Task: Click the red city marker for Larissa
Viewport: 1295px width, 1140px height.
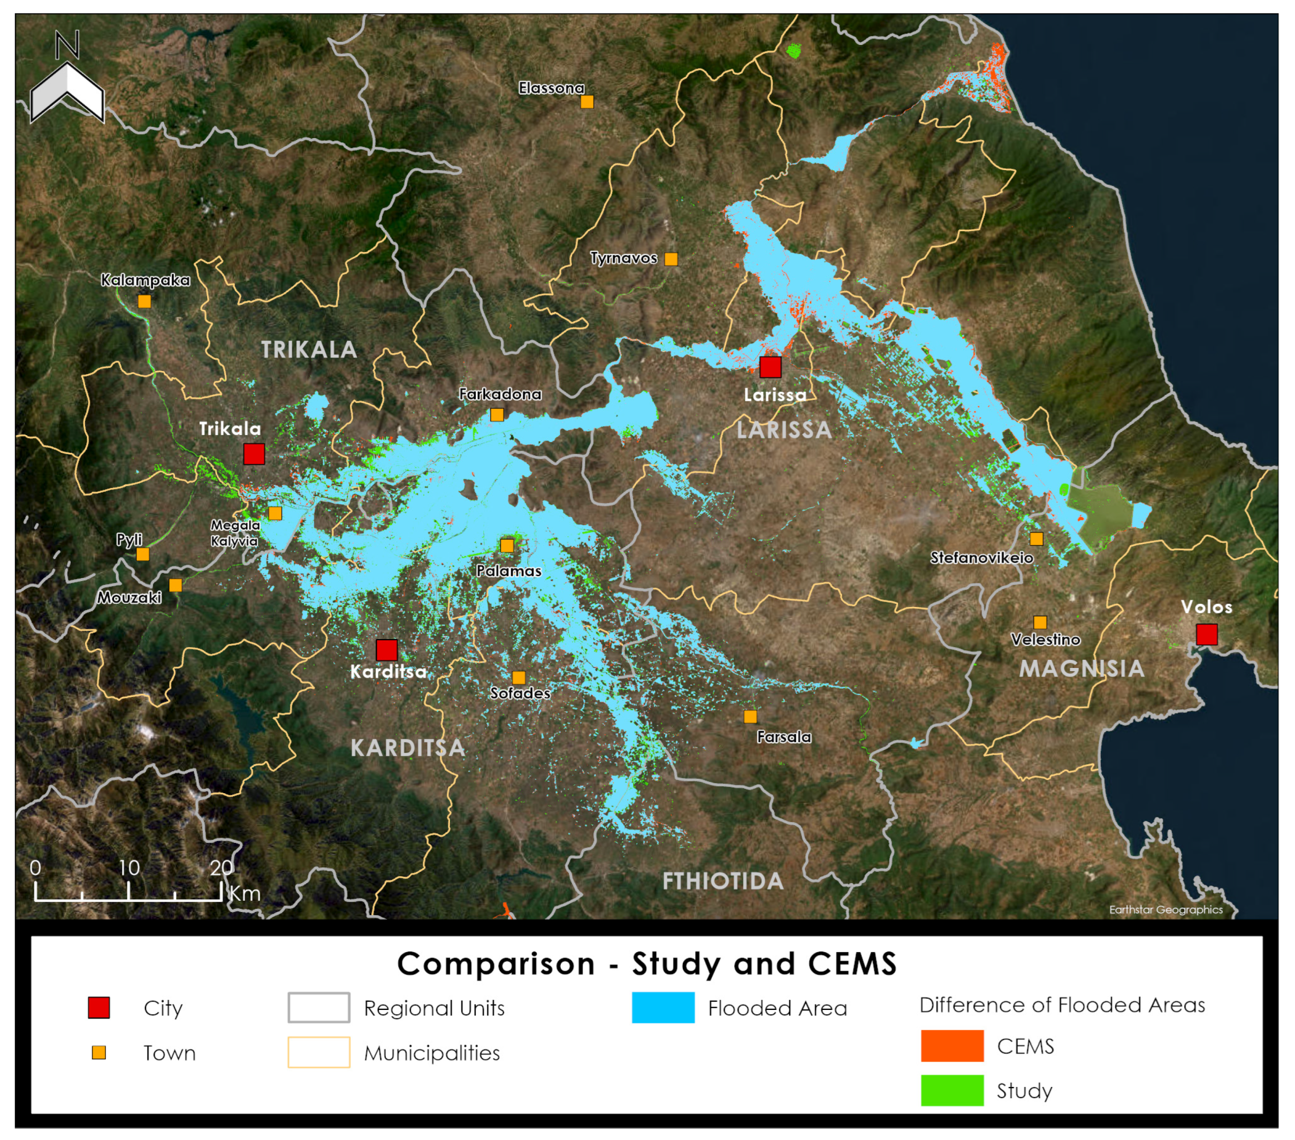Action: (x=771, y=367)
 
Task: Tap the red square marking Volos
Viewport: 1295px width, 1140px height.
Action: (x=1206, y=634)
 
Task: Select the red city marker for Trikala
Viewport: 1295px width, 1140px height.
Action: (x=254, y=454)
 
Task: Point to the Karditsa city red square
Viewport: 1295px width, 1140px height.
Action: (x=386, y=650)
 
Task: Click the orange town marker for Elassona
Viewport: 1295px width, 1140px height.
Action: (x=588, y=101)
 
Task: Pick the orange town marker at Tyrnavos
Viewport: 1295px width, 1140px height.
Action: (x=671, y=259)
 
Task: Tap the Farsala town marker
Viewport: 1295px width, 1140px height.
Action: (x=750, y=717)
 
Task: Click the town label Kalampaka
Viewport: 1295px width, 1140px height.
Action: (x=145, y=280)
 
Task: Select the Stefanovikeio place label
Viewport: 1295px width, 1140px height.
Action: (x=981, y=558)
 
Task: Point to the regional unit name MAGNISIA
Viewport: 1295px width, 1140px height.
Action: (x=1081, y=668)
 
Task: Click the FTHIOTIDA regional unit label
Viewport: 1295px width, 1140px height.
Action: (x=723, y=881)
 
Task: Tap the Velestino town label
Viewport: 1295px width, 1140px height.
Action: (x=1046, y=640)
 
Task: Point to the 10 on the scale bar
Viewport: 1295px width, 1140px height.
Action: (x=129, y=868)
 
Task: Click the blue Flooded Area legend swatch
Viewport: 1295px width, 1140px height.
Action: (x=662, y=1008)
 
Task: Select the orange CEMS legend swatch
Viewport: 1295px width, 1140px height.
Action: (x=951, y=1046)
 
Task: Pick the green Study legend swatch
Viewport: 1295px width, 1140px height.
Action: (x=951, y=1091)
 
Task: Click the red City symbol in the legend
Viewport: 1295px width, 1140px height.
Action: (x=99, y=1008)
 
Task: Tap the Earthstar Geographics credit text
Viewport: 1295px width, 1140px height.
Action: (x=1165, y=909)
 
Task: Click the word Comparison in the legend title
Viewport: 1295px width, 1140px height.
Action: (x=496, y=964)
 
